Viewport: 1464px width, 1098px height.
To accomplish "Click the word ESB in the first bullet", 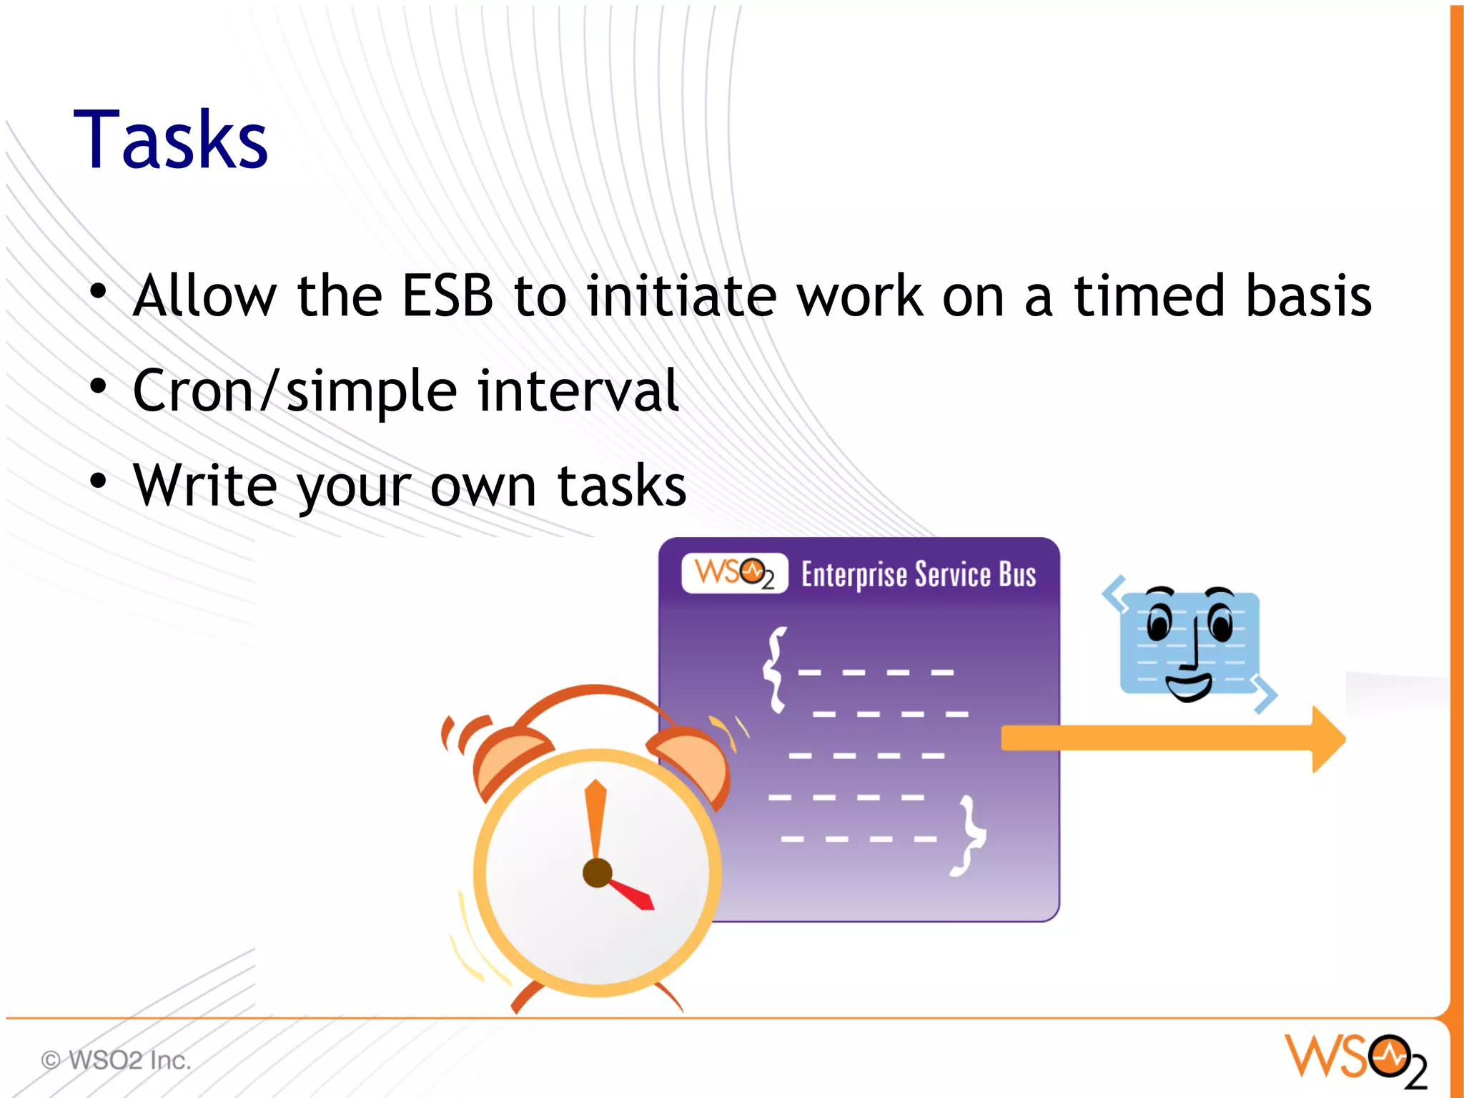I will click(447, 295).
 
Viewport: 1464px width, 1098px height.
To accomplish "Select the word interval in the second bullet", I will click(578, 391).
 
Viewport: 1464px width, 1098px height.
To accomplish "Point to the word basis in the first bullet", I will click(1307, 295).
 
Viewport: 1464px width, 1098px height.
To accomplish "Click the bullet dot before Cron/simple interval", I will click(98, 386).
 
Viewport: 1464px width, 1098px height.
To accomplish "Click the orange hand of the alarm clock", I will click(595, 819).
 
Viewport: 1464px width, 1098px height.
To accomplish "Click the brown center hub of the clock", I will click(597, 873).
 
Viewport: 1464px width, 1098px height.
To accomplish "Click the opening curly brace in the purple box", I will click(775, 670).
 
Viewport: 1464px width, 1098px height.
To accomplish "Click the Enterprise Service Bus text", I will click(918, 574).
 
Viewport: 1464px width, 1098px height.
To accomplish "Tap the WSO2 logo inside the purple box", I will click(734, 573).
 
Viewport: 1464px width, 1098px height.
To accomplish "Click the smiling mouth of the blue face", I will click(1188, 687).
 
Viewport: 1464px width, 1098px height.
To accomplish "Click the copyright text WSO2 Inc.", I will click(117, 1059).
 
